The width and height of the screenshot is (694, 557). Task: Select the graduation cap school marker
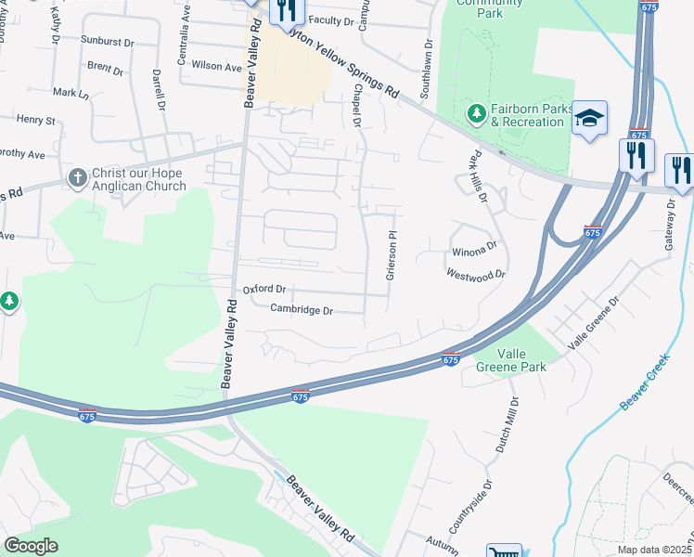(x=589, y=118)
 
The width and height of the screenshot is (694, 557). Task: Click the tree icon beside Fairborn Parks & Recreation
(x=477, y=113)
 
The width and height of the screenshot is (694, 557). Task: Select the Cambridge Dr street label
(x=302, y=310)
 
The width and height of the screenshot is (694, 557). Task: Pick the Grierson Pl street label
(x=392, y=255)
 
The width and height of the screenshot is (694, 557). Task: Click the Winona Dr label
(x=474, y=251)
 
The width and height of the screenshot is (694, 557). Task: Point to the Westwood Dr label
(x=475, y=274)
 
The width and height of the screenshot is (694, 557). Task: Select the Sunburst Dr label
(x=108, y=42)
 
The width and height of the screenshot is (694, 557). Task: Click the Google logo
(x=31, y=546)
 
